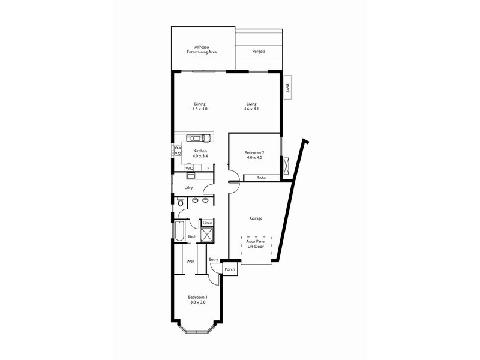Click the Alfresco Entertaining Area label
pos(201,49)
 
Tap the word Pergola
pos(257,52)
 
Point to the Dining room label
pos(200,106)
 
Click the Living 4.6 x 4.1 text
pos(251,106)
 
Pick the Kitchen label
pos(200,153)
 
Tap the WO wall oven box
pos(189,169)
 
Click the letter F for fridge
pos(208,169)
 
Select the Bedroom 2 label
pos(254,155)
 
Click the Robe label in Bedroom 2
pos(261,178)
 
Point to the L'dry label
pos(188,188)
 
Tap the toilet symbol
pos(180,203)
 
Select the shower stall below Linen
pos(208,235)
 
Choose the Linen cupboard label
pos(208,223)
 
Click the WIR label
pos(190,262)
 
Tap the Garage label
pos(256,218)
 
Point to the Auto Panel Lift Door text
pos(256,244)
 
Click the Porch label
pos(229,270)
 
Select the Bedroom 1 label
pos(197,300)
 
